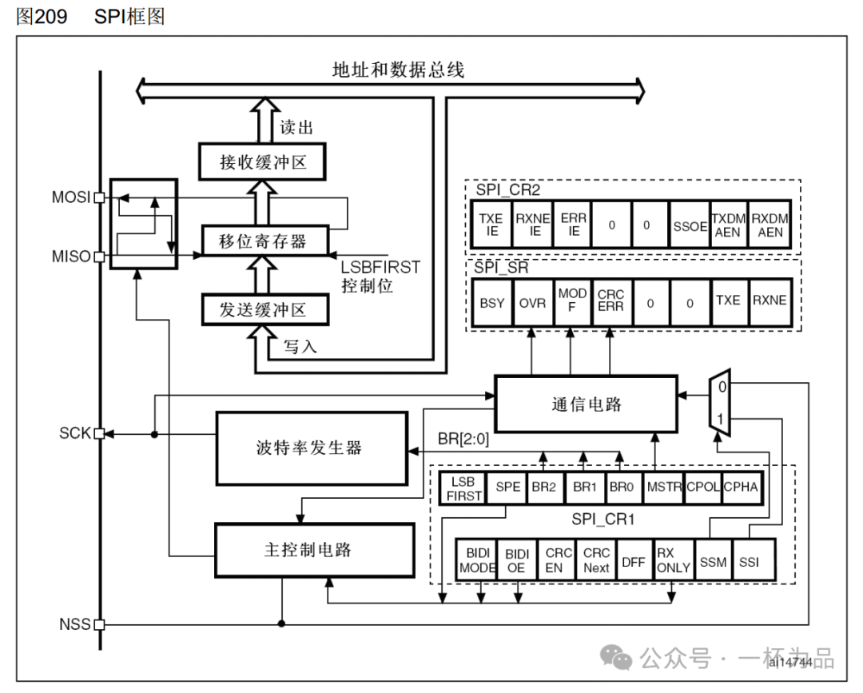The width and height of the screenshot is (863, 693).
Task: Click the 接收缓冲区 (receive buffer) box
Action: click(263, 163)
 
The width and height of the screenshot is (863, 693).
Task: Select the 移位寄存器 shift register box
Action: click(263, 241)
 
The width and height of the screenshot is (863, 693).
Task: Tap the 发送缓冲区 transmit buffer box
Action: click(263, 310)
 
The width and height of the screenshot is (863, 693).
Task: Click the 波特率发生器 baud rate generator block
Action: click(312, 448)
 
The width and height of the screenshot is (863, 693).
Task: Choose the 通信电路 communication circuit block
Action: click(586, 404)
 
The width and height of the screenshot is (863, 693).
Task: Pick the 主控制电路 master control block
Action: click(314, 551)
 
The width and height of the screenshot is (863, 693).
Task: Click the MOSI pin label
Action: click(71, 197)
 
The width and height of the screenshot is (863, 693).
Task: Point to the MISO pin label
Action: click(71, 257)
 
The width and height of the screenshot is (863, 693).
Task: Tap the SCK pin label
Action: click(74, 433)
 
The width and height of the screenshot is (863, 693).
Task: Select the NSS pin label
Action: click(74, 623)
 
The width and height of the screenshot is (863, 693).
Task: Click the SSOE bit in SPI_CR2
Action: click(690, 225)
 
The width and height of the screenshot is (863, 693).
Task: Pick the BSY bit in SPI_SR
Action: click(492, 303)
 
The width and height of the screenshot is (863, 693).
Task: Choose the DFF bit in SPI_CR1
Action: click(633, 561)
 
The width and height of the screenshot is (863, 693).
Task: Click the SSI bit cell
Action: click(748, 561)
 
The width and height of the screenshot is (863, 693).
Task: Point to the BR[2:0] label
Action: click(464, 439)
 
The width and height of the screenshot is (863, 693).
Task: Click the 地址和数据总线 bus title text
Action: click(398, 70)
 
